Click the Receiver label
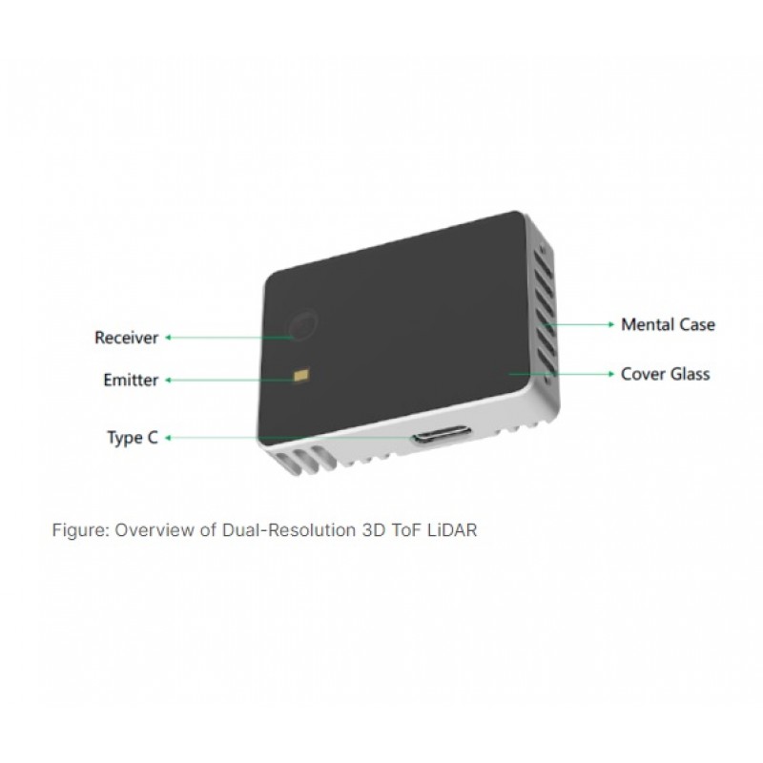pyautogui.click(x=127, y=338)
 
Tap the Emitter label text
pyautogui.click(x=131, y=380)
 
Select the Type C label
pyautogui.click(x=133, y=438)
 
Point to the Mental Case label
pyautogui.click(x=669, y=324)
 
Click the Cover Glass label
pyautogui.click(x=665, y=374)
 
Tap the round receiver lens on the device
pyautogui.click(x=303, y=323)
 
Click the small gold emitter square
pyautogui.click(x=301, y=375)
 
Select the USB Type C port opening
pyautogui.click(x=442, y=434)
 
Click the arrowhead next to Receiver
pyautogui.click(x=168, y=338)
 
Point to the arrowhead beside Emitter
pyautogui.click(x=168, y=380)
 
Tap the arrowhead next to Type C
pyautogui.click(x=168, y=438)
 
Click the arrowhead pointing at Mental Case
pyautogui.click(x=611, y=324)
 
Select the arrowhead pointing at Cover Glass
pyautogui.click(x=611, y=374)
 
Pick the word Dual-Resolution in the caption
pyautogui.click(x=289, y=530)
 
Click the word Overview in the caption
pyautogui.click(x=155, y=530)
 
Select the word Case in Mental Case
pyautogui.click(x=697, y=324)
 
